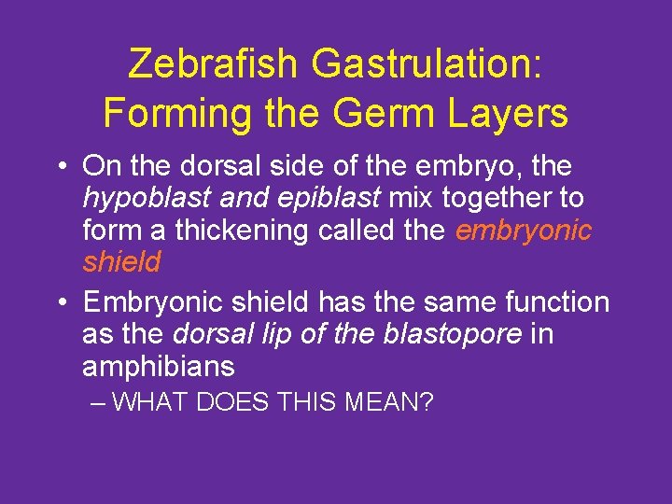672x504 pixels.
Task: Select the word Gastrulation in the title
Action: [427, 63]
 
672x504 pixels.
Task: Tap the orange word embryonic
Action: [524, 230]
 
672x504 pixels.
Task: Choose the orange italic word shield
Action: [121, 262]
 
